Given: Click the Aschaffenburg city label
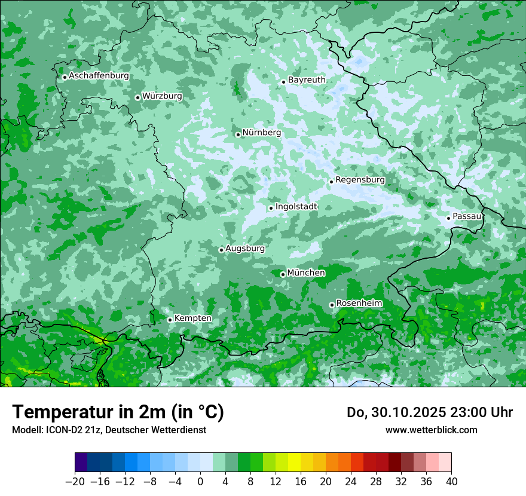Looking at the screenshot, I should (x=99, y=76).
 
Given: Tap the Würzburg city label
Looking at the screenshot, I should (x=162, y=96).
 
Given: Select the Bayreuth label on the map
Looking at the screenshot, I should (x=307, y=80).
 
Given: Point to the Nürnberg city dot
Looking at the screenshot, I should (x=238, y=134).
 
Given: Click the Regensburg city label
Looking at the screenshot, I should (x=360, y=180).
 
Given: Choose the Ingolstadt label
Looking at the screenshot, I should (x=296, y=207).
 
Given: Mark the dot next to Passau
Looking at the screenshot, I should (x=448, y=218).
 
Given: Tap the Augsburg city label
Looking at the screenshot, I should (x=244, y=249).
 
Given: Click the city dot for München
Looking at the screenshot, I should (x=283, y=274).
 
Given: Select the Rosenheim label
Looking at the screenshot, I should (x=359, y=304).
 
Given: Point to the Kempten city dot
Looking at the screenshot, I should (x=170, y=320).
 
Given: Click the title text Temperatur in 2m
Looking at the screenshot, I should (x=118, y=412).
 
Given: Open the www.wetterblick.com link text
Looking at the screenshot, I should (x=431, y=430).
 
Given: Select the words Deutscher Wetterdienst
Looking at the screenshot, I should (x=161, y=430).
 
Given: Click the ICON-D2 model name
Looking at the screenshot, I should (x=59, y=430).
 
